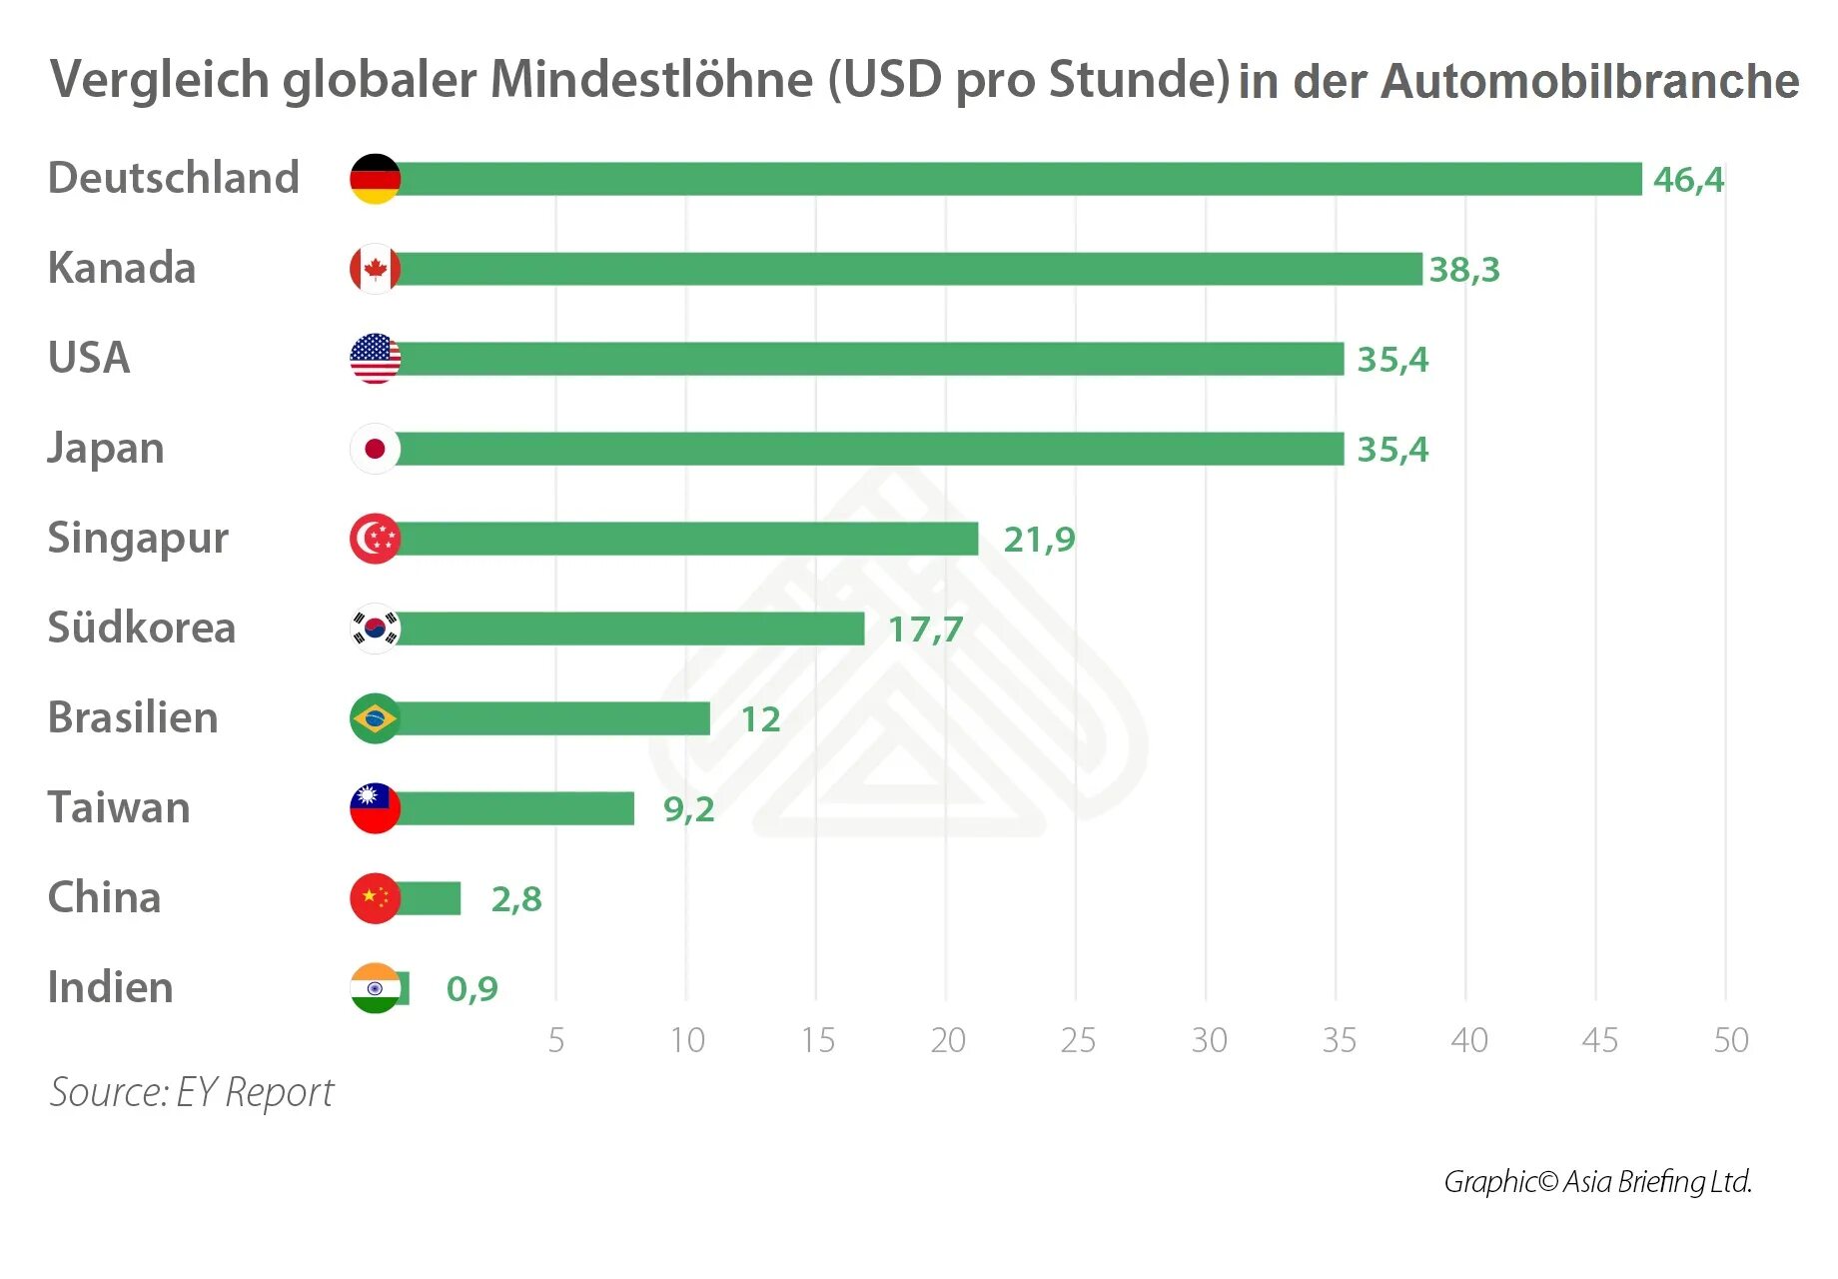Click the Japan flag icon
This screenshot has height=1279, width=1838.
[x=375, y=449]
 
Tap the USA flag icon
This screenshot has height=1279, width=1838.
[x=375, y=359]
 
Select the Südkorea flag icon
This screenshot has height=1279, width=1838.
[x=375, y=629]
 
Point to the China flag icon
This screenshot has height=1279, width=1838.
[x=375, y=898]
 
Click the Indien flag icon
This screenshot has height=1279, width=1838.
[x=375, y=988]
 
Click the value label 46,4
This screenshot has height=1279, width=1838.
[x=1688, y=180]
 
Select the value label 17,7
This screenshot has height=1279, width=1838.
[x=925, y=630]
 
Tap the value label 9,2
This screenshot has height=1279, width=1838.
[x=688, y=809]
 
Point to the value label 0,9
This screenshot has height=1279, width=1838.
[x=471, y=989]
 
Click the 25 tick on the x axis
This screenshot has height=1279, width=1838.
[x=1078, y=1040]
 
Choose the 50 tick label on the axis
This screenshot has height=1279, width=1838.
[x=1731, y=1040]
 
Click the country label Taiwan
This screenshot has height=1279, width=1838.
[x=119, y=807]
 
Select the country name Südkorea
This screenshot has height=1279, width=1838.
[x=142, y=628]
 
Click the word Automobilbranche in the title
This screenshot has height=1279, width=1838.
[x=1589, y=81]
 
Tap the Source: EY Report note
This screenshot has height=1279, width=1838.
[x=192, y=1092]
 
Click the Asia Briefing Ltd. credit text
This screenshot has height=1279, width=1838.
[x=1657, y=1182]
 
